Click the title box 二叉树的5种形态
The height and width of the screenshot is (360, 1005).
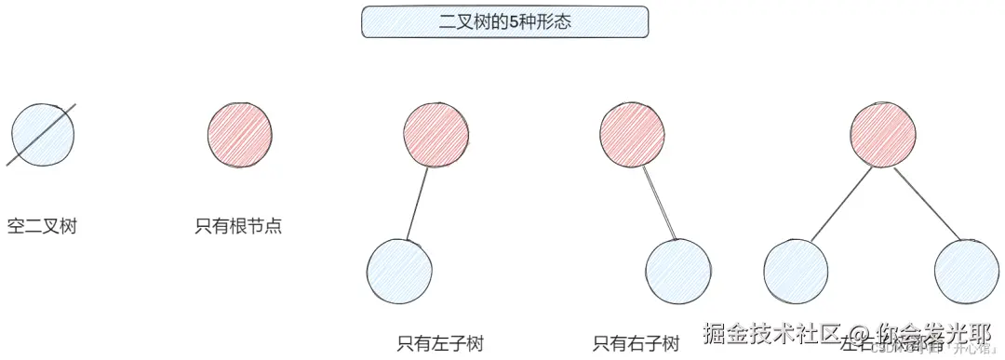[x=504, y=22]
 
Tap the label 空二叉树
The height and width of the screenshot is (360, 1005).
[x=42, y=226]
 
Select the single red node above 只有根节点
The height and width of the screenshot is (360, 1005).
[x=240, y=133]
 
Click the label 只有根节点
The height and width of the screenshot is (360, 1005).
[x=238, y=226]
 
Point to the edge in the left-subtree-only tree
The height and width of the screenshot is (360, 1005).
[x=418, y=203]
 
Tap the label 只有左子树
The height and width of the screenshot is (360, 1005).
[x=439, y=343]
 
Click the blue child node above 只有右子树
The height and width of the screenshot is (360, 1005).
[x=678, y=273]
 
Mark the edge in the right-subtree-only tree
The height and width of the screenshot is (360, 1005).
[x=657, y=203]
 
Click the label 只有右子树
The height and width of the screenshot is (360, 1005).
[x=636, y=343]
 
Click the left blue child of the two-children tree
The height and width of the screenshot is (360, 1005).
[x=796, y=273]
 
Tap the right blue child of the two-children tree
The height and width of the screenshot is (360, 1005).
[x=966, y=273]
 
